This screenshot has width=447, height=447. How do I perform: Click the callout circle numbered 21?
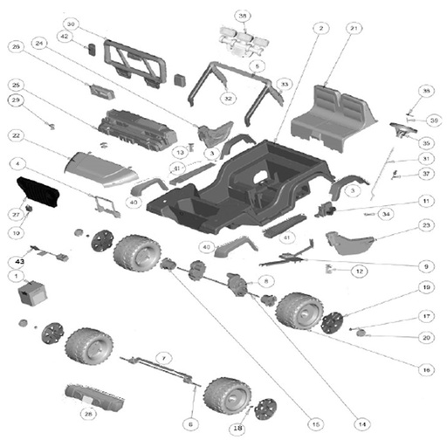click(x=328, y=29)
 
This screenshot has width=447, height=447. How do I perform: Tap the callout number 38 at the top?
click(x=242, y=17)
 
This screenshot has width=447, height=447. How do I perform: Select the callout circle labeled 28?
click(x=87, y=413)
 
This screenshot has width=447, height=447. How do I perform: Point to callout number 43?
click(x=17, y=261)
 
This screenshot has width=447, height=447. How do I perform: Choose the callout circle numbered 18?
click(x=237, y=428)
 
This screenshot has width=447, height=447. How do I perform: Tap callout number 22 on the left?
click(x=17, y=135)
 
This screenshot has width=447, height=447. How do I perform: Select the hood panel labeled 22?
click(x=100, y=167)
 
